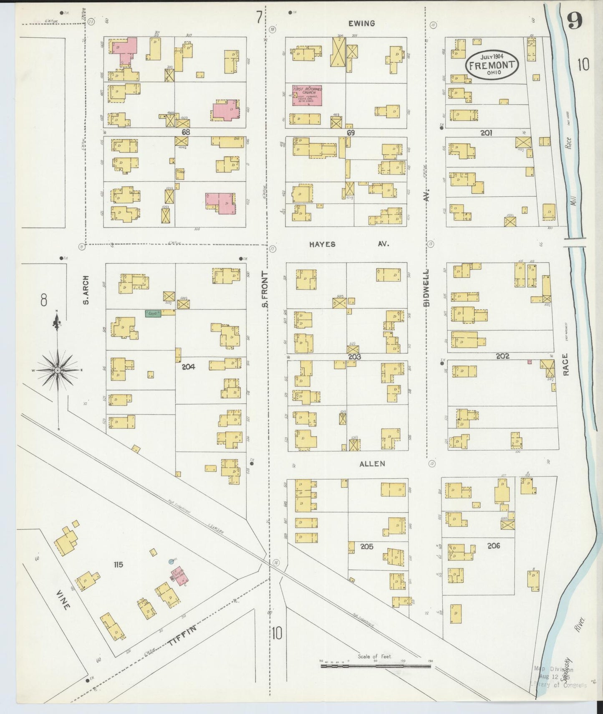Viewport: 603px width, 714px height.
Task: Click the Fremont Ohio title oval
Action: point(492,65)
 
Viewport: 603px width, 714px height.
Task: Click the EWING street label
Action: point(362,23)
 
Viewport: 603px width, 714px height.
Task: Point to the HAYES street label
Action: point(322,244)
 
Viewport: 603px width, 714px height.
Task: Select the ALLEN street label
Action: point(372,463)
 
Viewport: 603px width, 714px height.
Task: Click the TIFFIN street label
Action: point(182,636)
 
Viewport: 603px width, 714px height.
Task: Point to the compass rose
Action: point(57,370)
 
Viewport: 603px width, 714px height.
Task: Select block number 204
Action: point(189,367)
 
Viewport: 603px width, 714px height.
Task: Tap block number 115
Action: point(118,565)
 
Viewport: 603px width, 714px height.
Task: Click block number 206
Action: point(493,546)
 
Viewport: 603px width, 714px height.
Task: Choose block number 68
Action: point(187,132)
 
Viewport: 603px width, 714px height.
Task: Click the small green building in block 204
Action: point(153,313)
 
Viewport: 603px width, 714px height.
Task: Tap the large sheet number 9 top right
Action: point(575,21)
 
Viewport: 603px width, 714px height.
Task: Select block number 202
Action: point(503,356)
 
